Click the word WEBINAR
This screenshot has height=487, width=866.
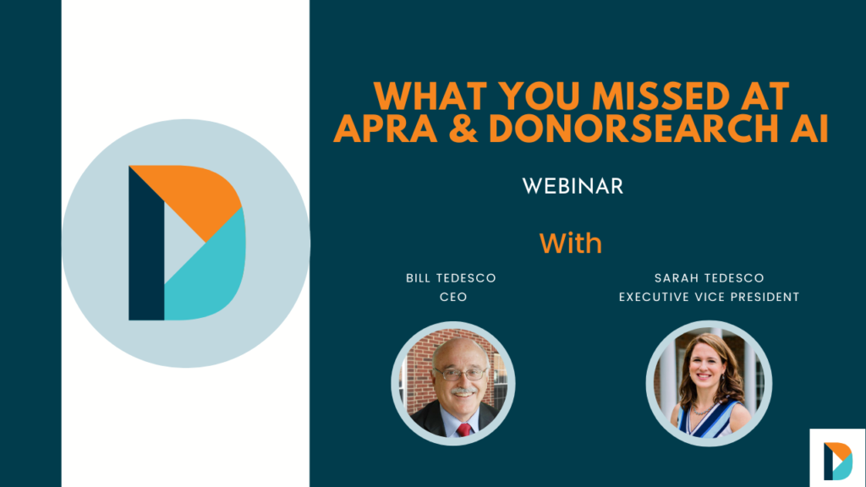[x=573, y=187]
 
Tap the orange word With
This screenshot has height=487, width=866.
[x=571, y=243]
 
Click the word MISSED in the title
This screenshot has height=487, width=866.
[x=661, y=96]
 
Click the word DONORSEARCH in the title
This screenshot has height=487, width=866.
[x=630, y=129]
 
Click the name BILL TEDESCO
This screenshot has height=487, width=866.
[x=452, y=278]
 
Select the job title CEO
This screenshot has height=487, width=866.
[x=453, y=297]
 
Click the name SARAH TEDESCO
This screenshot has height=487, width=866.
[x=710, y=278]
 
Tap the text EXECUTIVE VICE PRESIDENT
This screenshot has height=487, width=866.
[x=710, y=297]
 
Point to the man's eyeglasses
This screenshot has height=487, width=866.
[x=460, y=374]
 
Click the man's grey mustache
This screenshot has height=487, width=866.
[x=463, y=391]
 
